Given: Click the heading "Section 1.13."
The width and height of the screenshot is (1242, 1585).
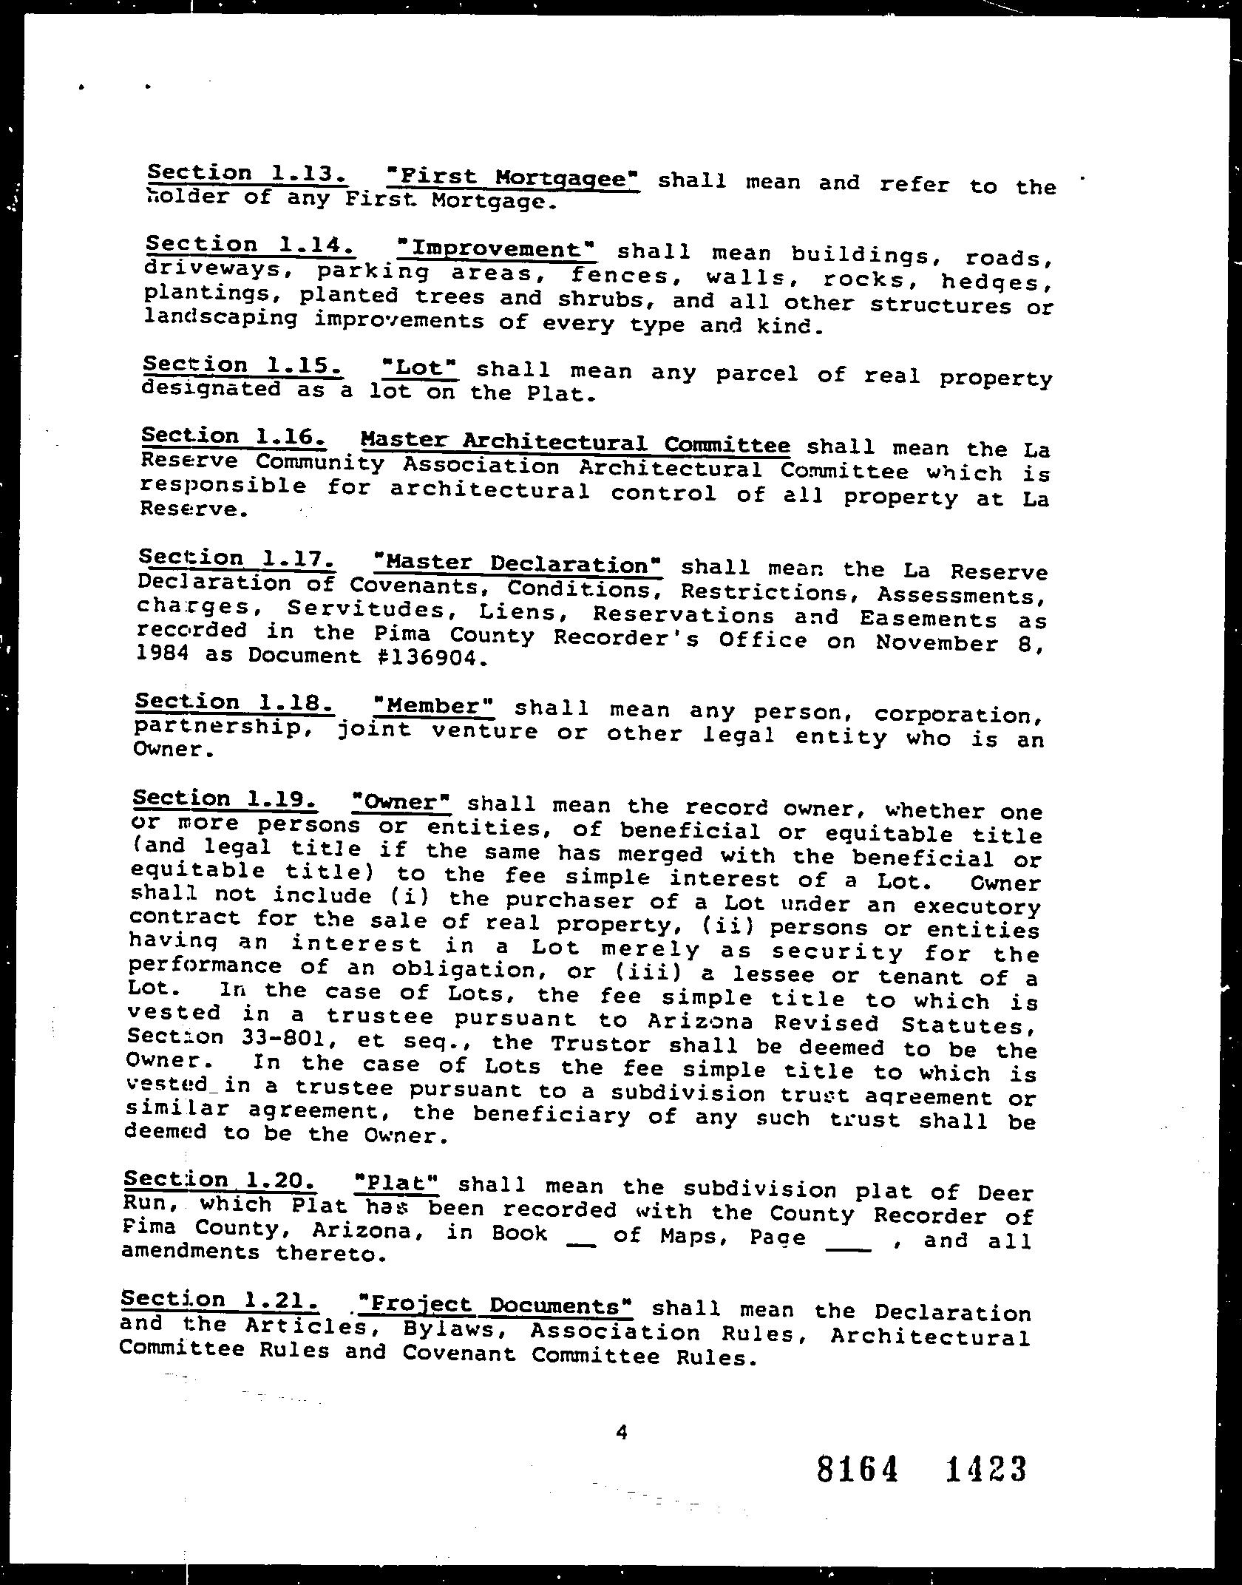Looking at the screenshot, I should tap(246, 174).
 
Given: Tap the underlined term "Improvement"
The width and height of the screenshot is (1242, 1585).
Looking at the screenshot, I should tap(496, 248).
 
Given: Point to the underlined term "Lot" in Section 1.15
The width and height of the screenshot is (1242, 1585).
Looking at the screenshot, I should tap(418, 367).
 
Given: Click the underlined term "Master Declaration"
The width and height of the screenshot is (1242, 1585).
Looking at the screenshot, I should tap(517, 564).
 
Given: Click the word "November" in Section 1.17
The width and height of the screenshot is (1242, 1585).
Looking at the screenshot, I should tap(937, 642).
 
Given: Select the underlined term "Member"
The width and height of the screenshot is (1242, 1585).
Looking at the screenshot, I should tap(434, 706).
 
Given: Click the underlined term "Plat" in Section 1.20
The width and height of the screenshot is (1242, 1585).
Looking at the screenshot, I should tap(397, 1183).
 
